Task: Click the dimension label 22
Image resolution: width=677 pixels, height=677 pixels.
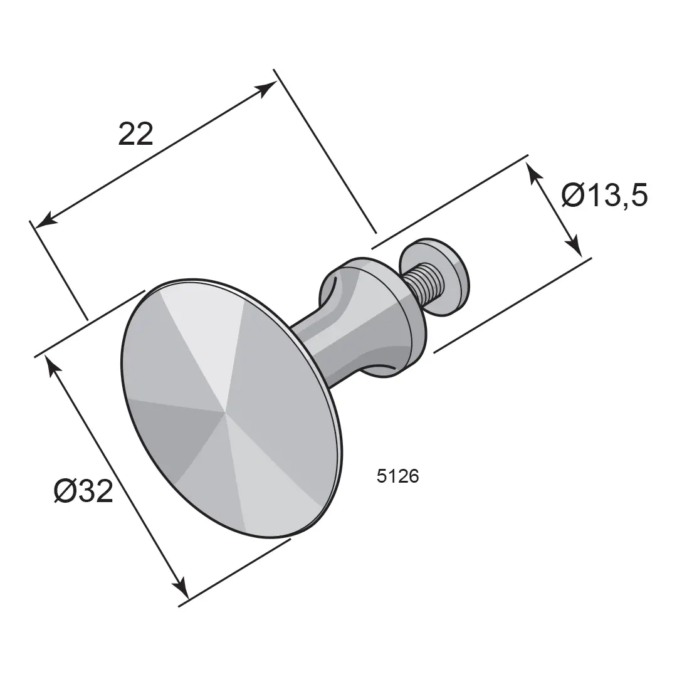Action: click(x=135, y=134)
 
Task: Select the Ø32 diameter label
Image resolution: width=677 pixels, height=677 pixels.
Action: click(x=83, y=491)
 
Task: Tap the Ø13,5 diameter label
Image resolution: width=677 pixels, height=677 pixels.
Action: click(x=604, y=195)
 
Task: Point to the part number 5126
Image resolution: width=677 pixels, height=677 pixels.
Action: click(x=397, y=476)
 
